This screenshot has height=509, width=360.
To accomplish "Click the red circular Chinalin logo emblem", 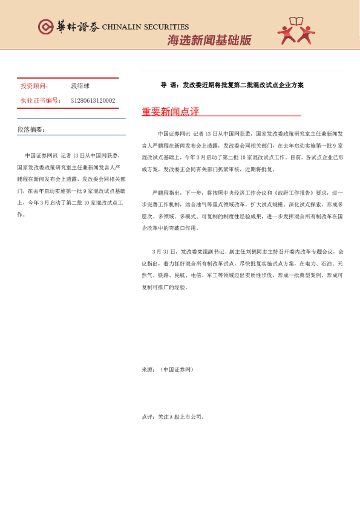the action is click(45, 27).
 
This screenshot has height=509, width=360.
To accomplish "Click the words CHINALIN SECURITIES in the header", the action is click(146, 27).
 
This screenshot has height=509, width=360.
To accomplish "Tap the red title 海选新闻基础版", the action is click(209, 41).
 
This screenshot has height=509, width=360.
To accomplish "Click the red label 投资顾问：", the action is click(35, 86).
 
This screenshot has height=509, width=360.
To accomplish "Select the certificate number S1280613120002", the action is click(93, 100).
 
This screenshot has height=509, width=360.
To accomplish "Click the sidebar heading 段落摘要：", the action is click(31, 129).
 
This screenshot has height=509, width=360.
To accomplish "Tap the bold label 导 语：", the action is click(169, 85).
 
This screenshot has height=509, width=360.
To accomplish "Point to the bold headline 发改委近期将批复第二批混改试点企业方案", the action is click(243, 85).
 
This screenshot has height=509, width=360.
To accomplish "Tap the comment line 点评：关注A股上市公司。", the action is click(173, 417).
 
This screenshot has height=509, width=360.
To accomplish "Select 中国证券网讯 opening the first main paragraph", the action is click(174, 132).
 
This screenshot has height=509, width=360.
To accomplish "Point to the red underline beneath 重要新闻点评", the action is click(221, 115).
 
